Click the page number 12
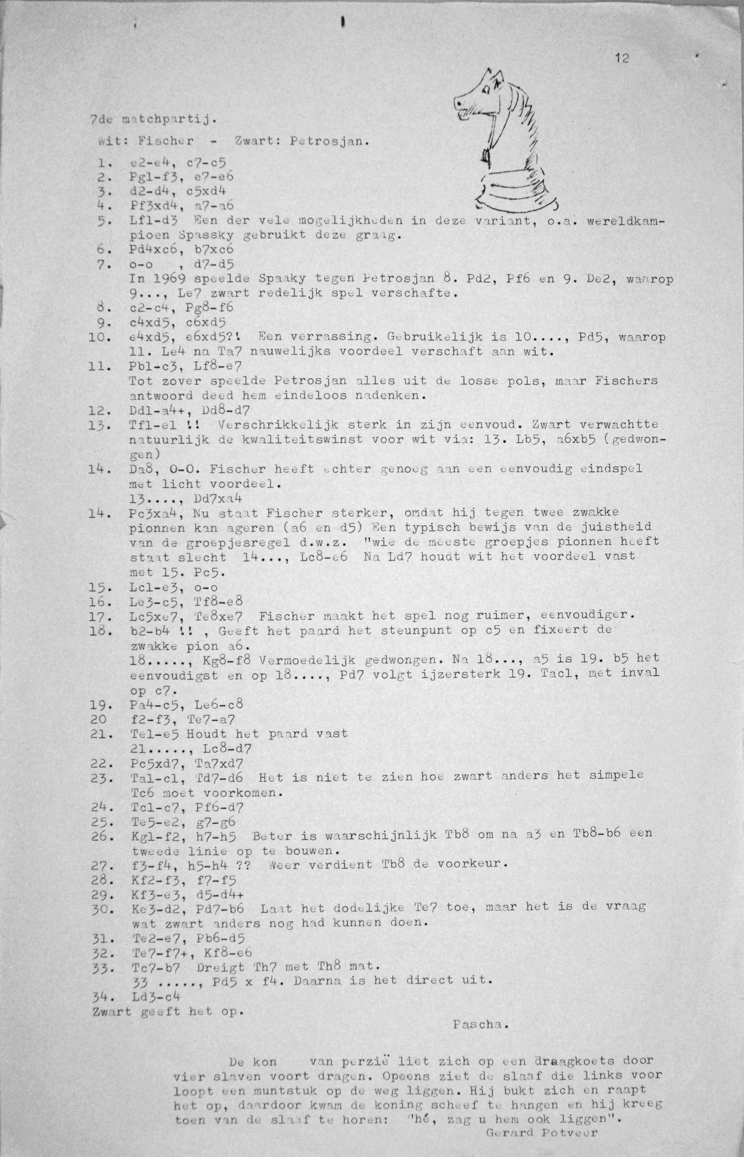point(622,59)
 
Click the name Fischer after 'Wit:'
point(165,142)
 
